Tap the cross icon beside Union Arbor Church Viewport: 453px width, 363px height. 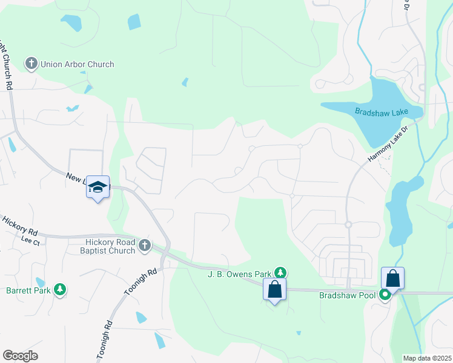31,64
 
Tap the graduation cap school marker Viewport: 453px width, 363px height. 98,188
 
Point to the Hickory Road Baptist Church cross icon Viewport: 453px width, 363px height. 144,246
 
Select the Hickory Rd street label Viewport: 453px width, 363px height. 21,224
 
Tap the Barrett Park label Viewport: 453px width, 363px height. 28,290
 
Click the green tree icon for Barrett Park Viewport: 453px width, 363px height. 59,290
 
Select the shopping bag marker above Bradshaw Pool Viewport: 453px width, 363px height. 392,278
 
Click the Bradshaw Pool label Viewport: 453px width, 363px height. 347,295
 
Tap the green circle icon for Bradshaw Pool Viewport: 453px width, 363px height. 385,295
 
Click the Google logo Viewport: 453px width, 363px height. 21,355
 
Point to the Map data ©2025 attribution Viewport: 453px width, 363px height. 426,358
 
